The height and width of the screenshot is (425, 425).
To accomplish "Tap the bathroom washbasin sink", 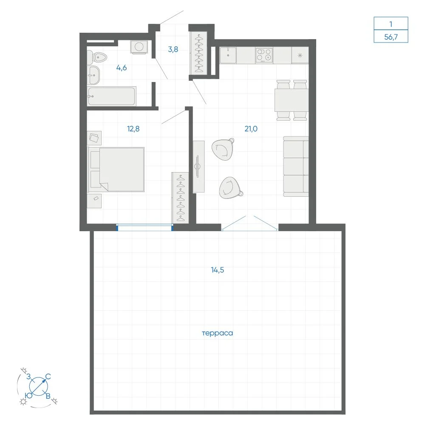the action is (93, 75).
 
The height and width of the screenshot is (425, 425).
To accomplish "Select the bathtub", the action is (111, 96).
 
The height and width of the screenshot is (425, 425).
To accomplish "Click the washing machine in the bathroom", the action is (139, 47).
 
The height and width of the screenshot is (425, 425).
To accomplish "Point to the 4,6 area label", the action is (122, 68).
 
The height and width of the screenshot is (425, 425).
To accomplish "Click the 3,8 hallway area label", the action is (173, 49).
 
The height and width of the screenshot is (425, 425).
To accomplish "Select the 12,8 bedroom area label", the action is (133, 129).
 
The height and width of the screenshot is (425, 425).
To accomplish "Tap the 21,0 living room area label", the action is (251, 129).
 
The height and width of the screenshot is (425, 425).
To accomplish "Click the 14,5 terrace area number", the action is (217, 270).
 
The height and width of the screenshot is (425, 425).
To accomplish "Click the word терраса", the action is (217, 333).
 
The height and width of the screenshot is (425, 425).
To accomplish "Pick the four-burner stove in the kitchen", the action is (264, 55).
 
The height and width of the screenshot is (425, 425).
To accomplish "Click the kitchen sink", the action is (228, 55).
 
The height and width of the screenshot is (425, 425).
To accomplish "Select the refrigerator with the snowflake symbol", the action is (300, 55).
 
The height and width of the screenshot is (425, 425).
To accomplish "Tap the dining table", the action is (292, 100).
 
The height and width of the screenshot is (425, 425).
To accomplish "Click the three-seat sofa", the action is (296, 167).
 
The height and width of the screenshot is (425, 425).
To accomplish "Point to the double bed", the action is (116, 170).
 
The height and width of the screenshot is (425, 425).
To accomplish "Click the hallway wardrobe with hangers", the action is (198, 53).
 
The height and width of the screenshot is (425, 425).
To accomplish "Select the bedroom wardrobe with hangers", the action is (180, 198).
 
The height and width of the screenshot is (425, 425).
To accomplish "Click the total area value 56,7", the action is (391, 37).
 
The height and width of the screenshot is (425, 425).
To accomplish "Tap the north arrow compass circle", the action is (39, 386).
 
